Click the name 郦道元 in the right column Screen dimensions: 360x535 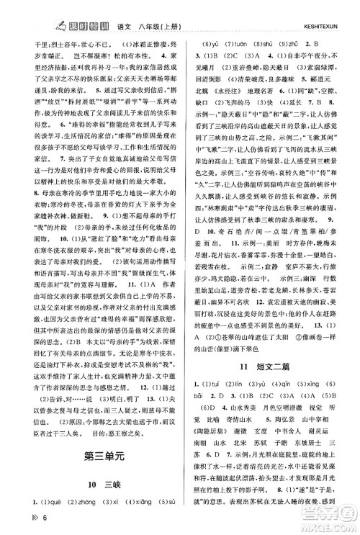point(341,79)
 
